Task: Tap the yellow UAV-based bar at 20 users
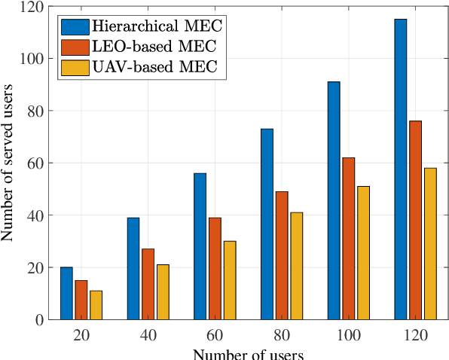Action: [96, 305]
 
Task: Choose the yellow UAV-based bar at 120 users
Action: [429, 244]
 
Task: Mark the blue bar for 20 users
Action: [66, 293]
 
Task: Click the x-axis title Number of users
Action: [248, 353]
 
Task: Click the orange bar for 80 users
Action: [281, 255]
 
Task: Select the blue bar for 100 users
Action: [333, 200]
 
